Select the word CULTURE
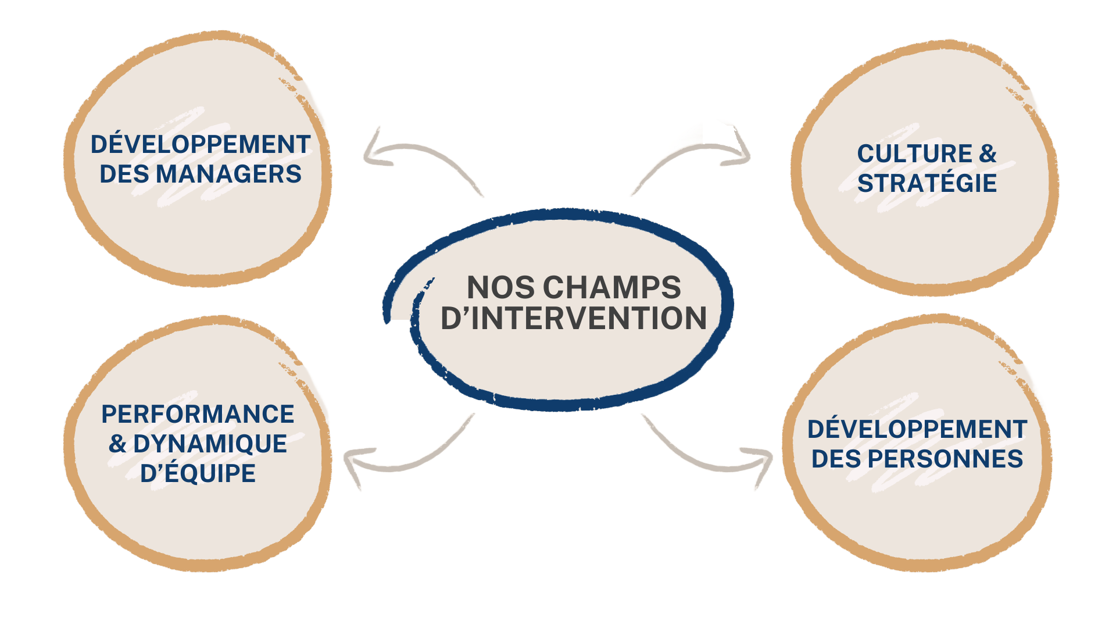tap(914, 154)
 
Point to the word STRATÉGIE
tap(927, 183)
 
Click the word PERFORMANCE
tap(198, 414)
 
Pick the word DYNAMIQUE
tap(210, 444)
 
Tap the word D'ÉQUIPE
tap(198, 473)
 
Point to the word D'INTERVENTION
tap(574, 319)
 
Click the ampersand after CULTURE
tap(988, 154)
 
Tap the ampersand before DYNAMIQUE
tap(117, 444)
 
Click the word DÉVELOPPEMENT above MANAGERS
tap(201, 144)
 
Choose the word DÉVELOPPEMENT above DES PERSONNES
tap(917, 429)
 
